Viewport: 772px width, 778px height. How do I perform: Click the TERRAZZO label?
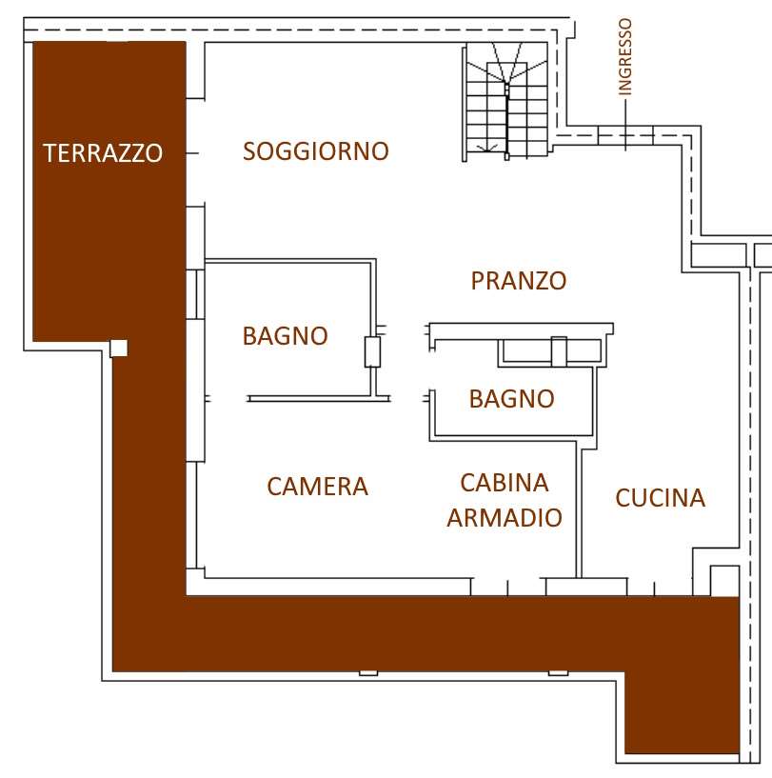(103, 152)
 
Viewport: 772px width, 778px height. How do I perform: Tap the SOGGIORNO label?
(315, 151)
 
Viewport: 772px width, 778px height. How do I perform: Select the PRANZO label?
(519, 281)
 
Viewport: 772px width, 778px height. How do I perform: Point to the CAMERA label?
(318, 487)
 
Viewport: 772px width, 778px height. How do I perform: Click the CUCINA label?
(661, 498)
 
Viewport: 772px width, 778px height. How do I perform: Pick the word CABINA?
(505, 483)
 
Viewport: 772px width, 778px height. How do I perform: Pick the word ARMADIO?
(505, 518)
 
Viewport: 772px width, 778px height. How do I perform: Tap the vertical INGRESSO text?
(625, 56)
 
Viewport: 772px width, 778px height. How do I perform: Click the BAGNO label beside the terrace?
(286, 336)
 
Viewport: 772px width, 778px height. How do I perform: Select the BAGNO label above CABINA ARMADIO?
(512, 399)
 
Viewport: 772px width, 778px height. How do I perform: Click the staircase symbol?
(505, 102)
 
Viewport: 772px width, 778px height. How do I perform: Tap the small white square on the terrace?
(119, 349)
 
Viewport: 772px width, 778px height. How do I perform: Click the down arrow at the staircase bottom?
(486, 148)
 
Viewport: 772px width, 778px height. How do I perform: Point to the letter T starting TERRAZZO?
(49, 152)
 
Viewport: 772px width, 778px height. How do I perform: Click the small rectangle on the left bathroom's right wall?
(372, 351)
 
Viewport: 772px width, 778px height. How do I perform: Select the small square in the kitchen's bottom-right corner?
(724, 581)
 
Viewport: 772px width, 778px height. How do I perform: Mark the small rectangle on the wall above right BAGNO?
(559, 351)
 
